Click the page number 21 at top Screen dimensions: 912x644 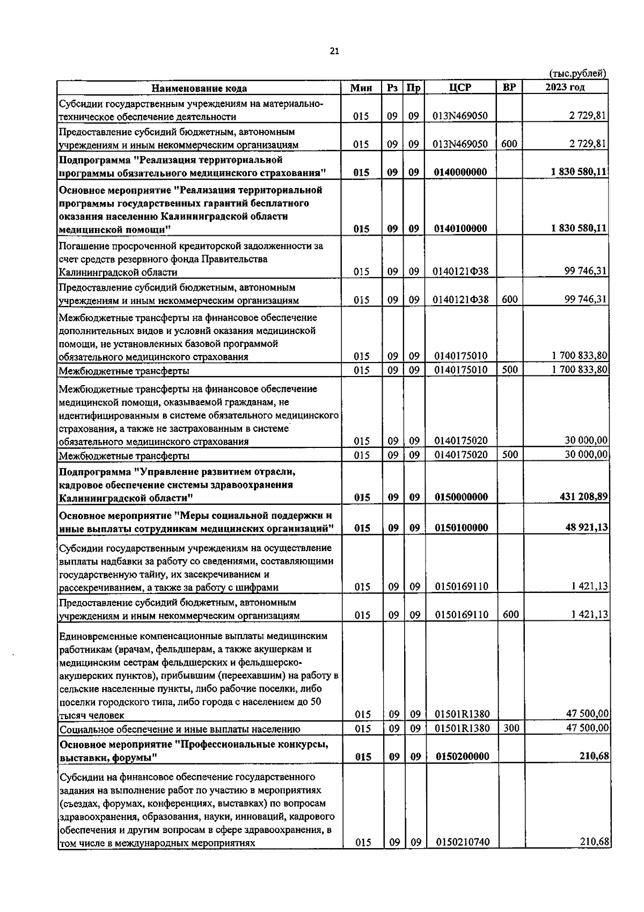pos(334,52)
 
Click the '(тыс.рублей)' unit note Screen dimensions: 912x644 pos(579,74)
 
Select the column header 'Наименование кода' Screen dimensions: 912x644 pos(199,88)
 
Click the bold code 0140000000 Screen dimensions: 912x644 pos(460,172)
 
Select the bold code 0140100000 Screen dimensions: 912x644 pos(460,229)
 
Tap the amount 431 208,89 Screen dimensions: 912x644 pos(583,497)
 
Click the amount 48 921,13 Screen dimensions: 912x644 pos(586,527)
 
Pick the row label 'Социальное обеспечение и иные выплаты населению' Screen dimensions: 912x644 pos(180,729)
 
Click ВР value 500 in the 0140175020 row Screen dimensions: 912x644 pos(509,454)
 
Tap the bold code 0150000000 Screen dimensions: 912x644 pos(461,497)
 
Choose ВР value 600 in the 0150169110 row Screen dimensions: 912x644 pos(510,614)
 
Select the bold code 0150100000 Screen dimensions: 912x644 pos(461,527)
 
